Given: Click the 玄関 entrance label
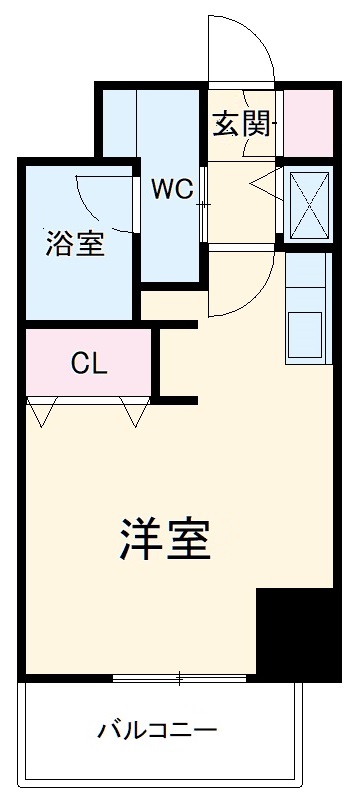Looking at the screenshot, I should tap(241, 124).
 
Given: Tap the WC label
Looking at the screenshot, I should tap(171, 189).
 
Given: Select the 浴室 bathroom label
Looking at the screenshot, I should tap(74, 244).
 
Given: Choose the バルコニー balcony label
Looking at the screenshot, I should tap(157, 730).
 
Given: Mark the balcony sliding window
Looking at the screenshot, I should tap(180, 680).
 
